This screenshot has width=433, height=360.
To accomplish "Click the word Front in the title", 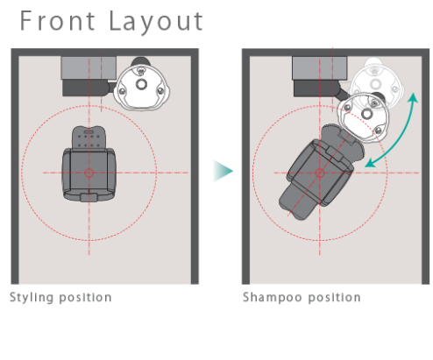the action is tap(58, 21).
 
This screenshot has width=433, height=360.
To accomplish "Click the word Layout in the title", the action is tap(156, 22).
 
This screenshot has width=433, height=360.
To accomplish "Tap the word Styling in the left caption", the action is tap(32, 298).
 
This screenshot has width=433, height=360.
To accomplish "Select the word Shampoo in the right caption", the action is tap(273, 298).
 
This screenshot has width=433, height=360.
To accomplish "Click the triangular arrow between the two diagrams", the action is tap(223, 171).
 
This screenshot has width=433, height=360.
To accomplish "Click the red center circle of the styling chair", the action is tap(89, 173).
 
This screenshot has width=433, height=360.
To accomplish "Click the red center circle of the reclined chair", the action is tap(320, 173).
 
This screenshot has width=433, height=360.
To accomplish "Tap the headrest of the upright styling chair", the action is tap(89, 138).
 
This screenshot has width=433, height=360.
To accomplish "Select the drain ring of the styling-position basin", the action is tap(141, 84).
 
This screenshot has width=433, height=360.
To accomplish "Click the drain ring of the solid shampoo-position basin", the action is tap(366, 114).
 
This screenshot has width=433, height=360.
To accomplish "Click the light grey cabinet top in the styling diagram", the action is tap(89, 67).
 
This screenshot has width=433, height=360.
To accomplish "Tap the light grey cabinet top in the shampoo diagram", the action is tap(320, 68).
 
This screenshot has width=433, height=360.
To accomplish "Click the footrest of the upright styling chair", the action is tap(89, 197).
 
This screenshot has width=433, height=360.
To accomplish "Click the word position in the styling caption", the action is tap(85, 298).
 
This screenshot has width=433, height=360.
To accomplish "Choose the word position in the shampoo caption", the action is tap(335, 298).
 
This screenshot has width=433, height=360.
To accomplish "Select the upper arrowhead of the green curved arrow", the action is tap(413, 98).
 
